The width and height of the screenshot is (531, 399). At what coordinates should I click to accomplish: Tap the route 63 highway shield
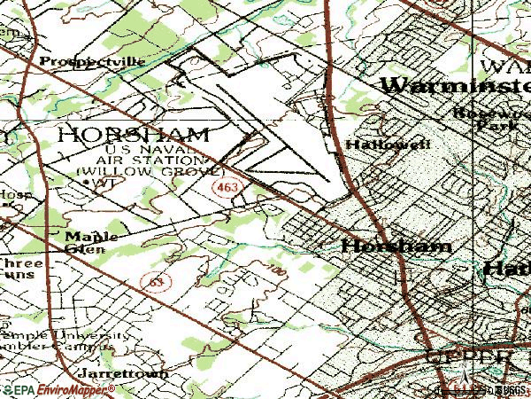pyautogui.click(x=157, y=281)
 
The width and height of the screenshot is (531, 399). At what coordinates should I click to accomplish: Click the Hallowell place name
pyautogui.click(x=375, y=144)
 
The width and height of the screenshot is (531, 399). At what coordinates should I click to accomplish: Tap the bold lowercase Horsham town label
pyautogui.click(x=396, y=246)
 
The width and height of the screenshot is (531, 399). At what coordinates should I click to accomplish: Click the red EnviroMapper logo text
pyautogui.click(x=61, y=389)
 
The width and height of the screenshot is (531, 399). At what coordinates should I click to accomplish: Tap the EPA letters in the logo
pyautogui.click(x=22, y=389)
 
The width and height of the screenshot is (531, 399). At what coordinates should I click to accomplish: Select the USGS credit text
pyautogui.click(x=512, y=389)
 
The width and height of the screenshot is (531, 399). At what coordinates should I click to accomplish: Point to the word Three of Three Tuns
pyautogui.click(x=15, y=263)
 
